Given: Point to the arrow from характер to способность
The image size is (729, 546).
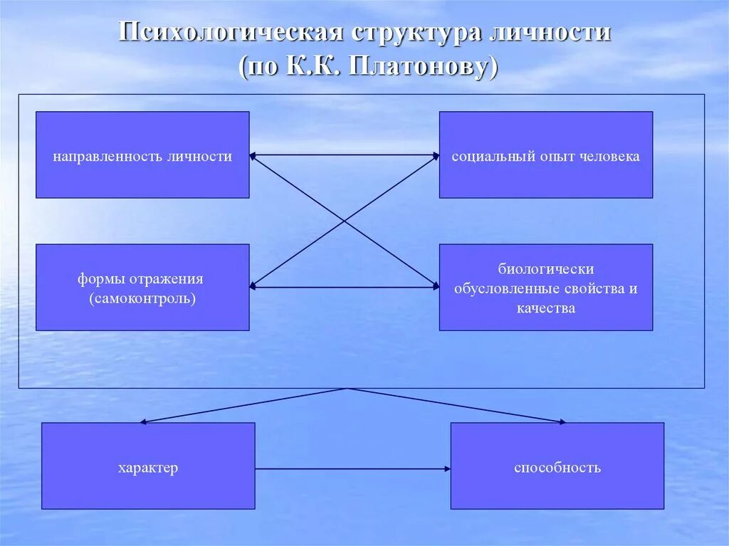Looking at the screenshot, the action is click(352, 468).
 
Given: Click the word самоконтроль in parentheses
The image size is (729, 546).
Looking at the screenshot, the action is click(142, 298).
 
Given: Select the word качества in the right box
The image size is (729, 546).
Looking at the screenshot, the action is click(546, 308).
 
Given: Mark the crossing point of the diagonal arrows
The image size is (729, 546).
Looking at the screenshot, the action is click(345, 221).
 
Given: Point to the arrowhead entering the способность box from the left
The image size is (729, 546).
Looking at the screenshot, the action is click(447, 468).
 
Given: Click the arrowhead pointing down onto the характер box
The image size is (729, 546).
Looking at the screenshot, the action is click(143, 422).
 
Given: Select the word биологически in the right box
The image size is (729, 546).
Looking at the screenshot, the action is click(546, 270).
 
